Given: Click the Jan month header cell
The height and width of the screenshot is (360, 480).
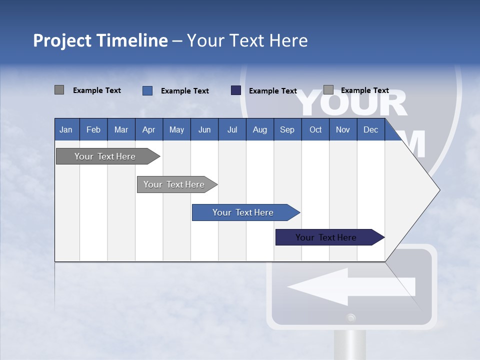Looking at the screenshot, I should (x=66, y=129).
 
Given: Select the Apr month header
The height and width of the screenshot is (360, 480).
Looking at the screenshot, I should (x=149, y=129).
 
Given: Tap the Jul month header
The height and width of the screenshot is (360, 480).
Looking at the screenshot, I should (x=232, y=129).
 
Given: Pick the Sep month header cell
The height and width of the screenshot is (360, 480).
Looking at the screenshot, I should (x=287, y=129).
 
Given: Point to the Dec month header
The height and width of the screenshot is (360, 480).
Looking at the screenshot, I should (x=370, y=129).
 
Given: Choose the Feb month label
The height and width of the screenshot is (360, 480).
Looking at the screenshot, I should (x=93, y=129).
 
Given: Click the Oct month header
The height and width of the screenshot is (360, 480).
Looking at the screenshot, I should (x=315, y=129).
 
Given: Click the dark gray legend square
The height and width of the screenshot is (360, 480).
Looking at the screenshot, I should (x=59, y=90).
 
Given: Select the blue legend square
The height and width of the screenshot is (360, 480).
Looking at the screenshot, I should (x=147, y=90).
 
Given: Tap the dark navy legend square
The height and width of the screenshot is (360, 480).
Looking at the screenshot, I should (x=236, y=90).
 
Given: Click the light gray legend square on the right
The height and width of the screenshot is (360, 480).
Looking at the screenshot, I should (x=328, y=90).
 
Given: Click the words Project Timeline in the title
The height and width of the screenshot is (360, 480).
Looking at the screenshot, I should (x=100, y=40).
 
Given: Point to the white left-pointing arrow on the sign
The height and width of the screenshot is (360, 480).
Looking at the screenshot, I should (x=350, y=286).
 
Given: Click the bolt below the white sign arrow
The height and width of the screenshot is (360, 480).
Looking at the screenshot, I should (x=351, y=317).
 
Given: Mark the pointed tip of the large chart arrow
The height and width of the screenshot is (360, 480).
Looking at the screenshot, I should (x=438, y=190).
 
